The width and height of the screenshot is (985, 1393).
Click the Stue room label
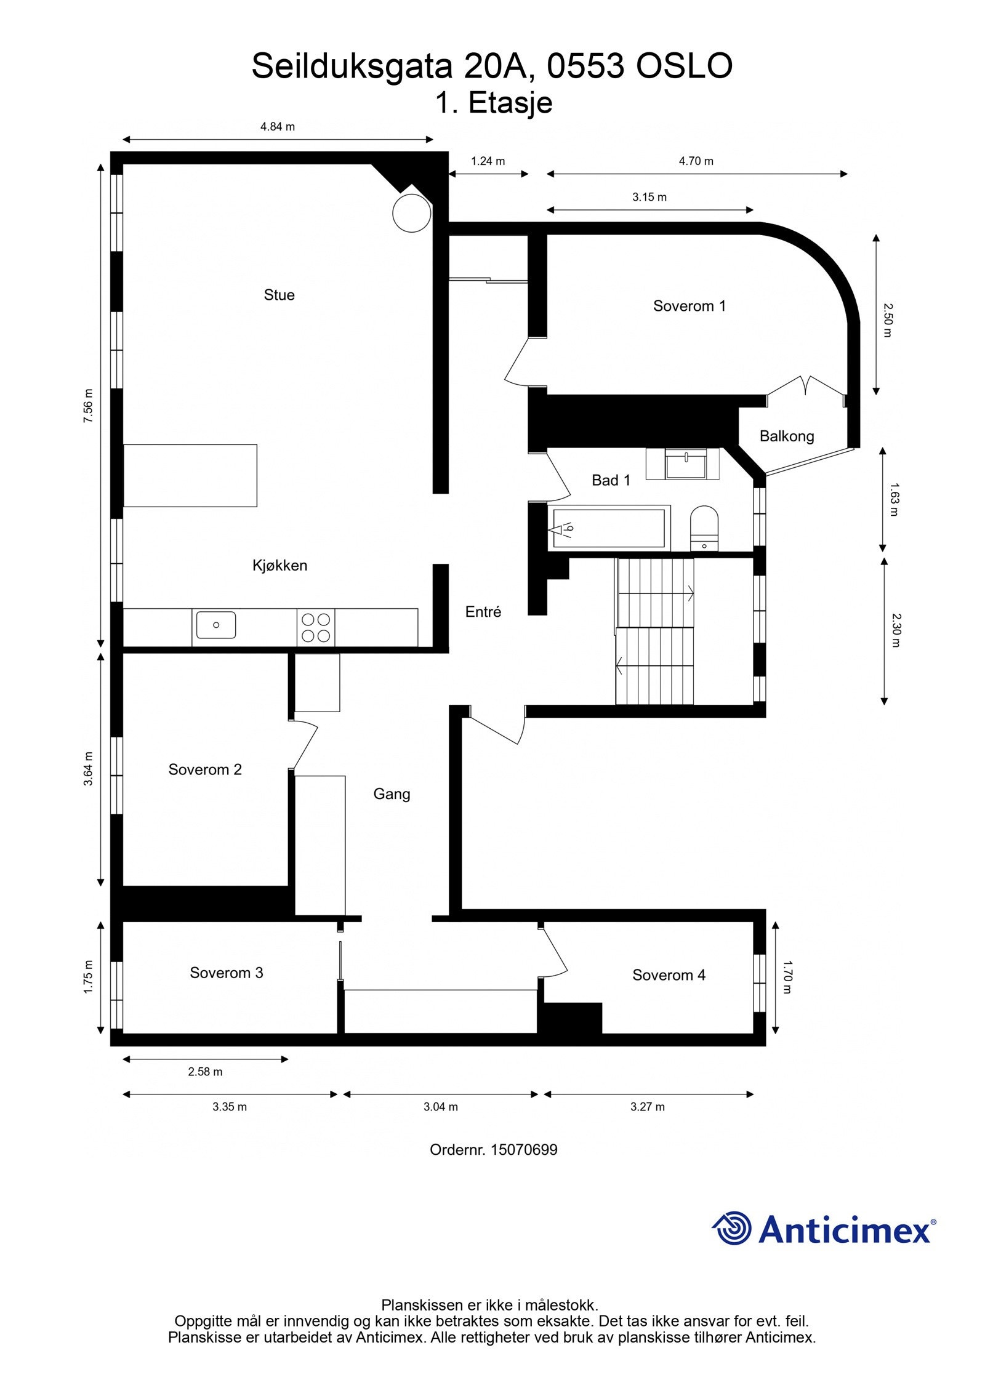[x=279, y=295]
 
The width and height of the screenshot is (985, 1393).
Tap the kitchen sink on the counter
[x=215, y=624]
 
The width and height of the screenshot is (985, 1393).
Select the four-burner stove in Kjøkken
[x=316, y=627]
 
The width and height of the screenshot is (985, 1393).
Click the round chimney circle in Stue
[x=411, y=212]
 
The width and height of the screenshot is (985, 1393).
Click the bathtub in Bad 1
[x=608, y=528]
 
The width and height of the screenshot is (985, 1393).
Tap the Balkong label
[x=786, y=436]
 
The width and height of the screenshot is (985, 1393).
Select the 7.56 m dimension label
[x=89, y=405]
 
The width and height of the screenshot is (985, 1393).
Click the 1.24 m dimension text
[x=488, y=161]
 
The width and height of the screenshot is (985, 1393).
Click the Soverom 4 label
[x=669, y=975]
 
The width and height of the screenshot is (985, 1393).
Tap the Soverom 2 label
[x=205, y=769]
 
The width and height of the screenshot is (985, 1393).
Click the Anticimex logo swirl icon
[x=732, y=1228]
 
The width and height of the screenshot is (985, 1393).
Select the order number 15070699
[x=524, y=1149]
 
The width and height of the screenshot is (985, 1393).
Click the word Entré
[x=483, y=612]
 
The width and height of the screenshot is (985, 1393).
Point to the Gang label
[x=392, y=794]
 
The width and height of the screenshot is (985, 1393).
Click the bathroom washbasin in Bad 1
[x=686, y=464]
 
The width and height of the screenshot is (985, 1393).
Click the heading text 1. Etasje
[x=493, y=103]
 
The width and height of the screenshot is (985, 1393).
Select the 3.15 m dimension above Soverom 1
[x=649, y=198]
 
